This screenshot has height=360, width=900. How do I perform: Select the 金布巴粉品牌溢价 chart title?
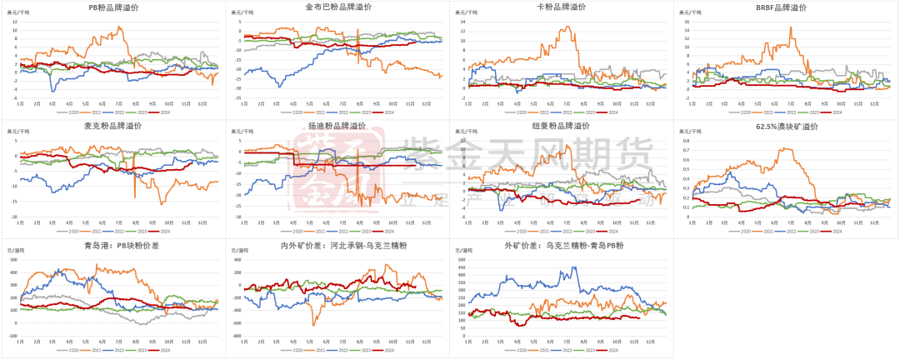pos(337,7)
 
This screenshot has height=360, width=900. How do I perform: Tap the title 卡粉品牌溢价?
pos(562,7)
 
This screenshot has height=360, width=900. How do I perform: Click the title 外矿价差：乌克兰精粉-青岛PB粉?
pos(562,247)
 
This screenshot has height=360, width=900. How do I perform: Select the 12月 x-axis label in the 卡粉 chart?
pos(649,103)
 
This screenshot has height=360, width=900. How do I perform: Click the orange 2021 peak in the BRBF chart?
pos(791,28)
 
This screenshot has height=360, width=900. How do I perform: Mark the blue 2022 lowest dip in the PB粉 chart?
pos(53,91)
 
